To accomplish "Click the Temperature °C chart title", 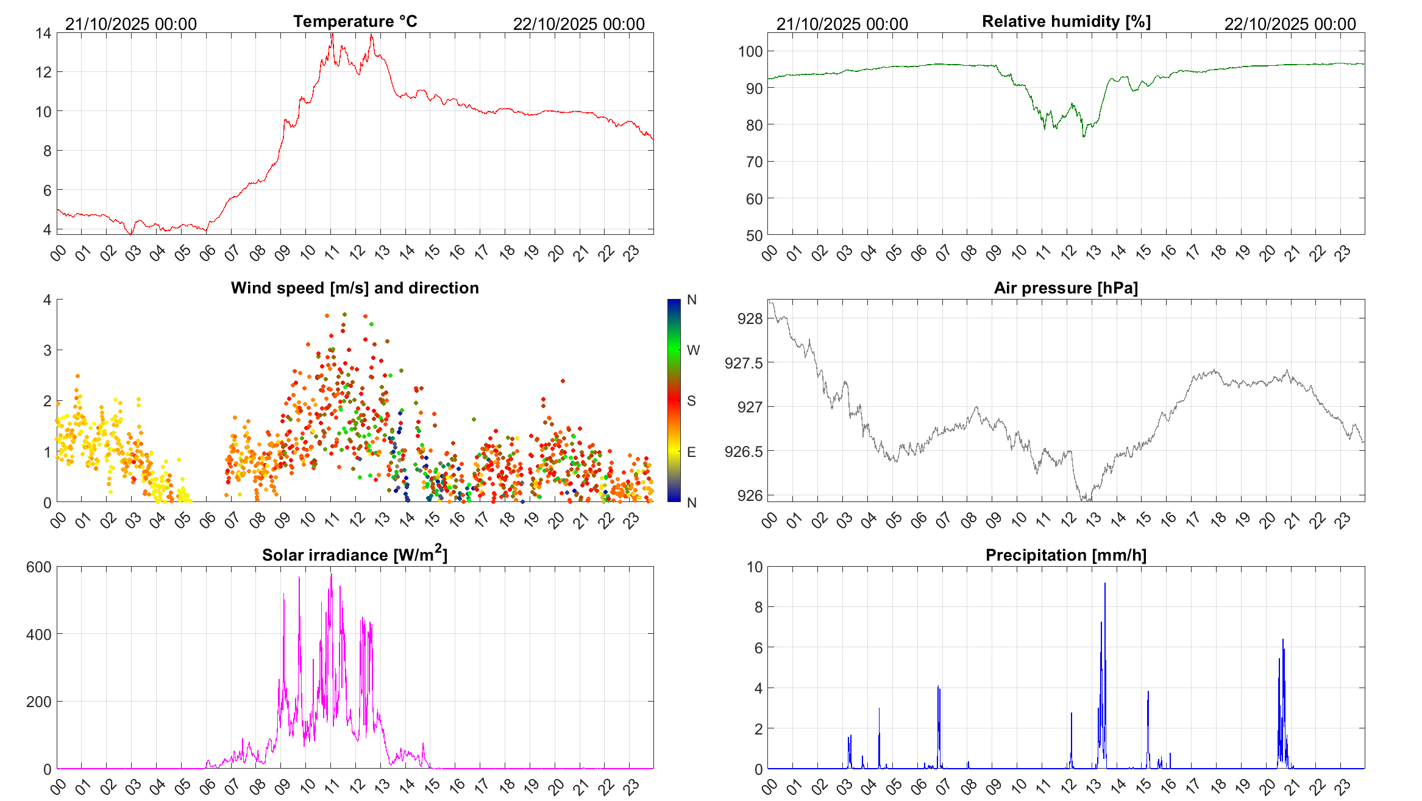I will point(355,22).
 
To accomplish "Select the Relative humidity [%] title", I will point(1066,22).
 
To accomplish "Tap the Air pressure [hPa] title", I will point(1066,288).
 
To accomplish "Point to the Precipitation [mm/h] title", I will point(1066,555).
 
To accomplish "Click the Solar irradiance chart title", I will point(355,555).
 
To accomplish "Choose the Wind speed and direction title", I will point(355,288).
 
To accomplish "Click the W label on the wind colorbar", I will point(693,350).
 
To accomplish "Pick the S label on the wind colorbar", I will point(691,401).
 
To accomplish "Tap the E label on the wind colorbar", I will point(691,452).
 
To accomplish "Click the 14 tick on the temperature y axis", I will point(43,33).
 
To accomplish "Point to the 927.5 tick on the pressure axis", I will point(744,364).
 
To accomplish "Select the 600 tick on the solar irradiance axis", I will point(39,567).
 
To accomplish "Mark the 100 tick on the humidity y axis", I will point(750,52).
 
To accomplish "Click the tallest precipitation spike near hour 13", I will point(1104,584).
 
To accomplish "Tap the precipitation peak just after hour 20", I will point(1282,640).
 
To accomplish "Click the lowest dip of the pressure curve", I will point(1086,500).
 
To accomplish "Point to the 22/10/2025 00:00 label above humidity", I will point(1290,24).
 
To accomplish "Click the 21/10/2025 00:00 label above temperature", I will point(131,24).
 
